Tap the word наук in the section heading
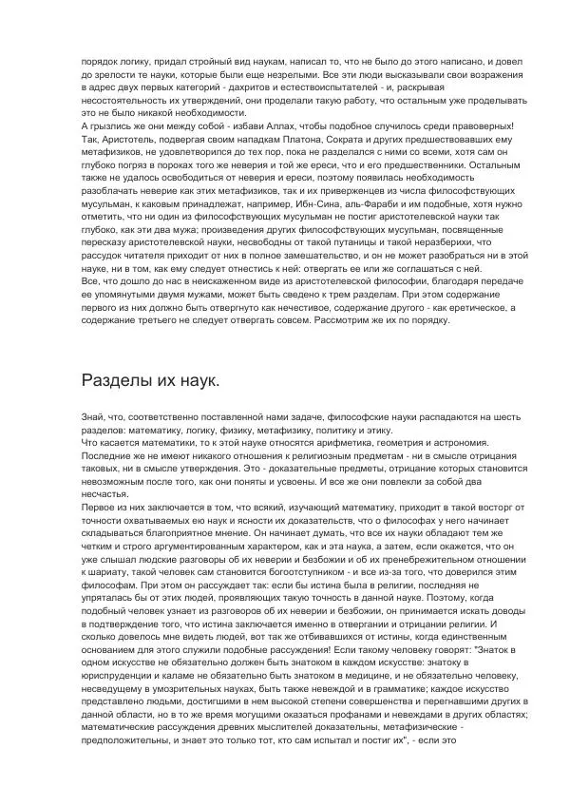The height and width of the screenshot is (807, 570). tap(197, 380)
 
